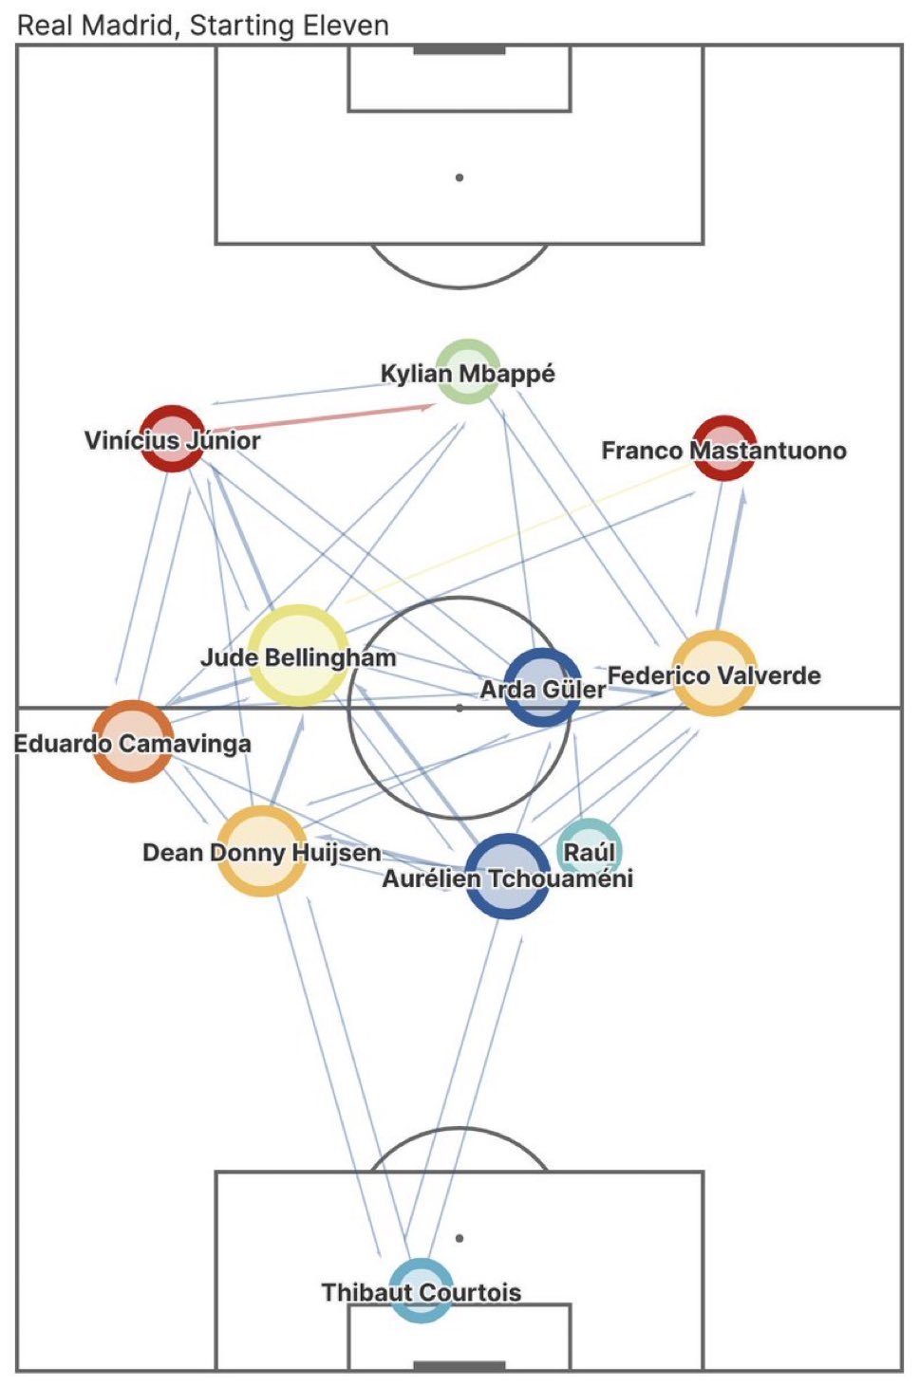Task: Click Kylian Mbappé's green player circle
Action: click(467, 371)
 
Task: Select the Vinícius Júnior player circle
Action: click(172, 437)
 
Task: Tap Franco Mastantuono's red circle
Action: click(724, 448)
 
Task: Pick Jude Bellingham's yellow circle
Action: click(298, 655)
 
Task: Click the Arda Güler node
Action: click(541, 688)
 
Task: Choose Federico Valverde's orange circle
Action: click(714, 673)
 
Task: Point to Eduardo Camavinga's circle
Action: click(133, 741)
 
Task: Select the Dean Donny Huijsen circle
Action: click(262, 851)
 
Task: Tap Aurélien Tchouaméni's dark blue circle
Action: click(507, 876)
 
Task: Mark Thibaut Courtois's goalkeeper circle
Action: click(422, 1290)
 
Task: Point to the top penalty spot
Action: click(459, 177)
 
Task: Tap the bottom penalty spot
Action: click(459, 1238)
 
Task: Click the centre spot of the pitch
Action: click(459, 708)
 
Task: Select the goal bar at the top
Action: click(459, 49)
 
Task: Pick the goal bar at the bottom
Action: click(459, 1366)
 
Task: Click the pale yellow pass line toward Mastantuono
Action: click(513, 536)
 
